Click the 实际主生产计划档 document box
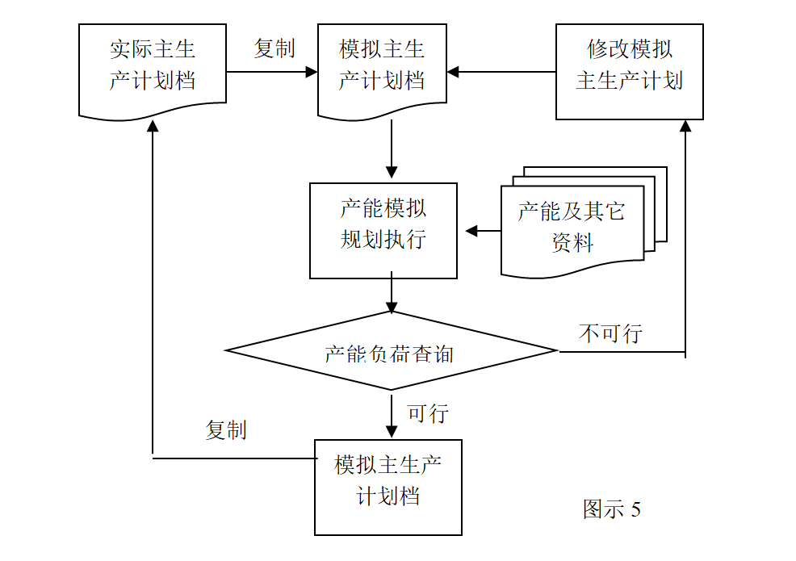pyautogui.click(x=153, y=68)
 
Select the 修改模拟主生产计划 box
pyautogui.click(x=629, y=68)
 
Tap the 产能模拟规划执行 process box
pyautogui.click(x=383, y=228)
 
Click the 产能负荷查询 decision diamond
pyautogui.click(x=392, y=351)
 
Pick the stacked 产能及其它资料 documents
pyautogui.click(x=576, y=224)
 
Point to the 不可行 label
pyautogui.click(x=610, y=333)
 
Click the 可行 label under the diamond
pyautogui.click(x=428, y=413)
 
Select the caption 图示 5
pyautogui.click(x=611, y=509)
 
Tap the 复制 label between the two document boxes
pyautogui.click(x=274, y=48)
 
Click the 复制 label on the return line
pyautogui.click(x=226, y=429)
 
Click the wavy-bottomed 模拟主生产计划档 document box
pyautogui.click(x=382, y=68)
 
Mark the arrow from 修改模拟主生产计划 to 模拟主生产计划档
pyautogui.click(x=501, y=72)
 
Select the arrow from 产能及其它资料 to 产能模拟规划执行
pyautogui.click(x=482, y=232)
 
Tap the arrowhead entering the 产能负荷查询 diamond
pyautogui.click(x=392, y=307)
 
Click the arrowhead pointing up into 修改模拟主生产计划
pyautogui.click(x=685, y=127)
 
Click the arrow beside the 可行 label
pyautogui.click(x=392, y=414)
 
